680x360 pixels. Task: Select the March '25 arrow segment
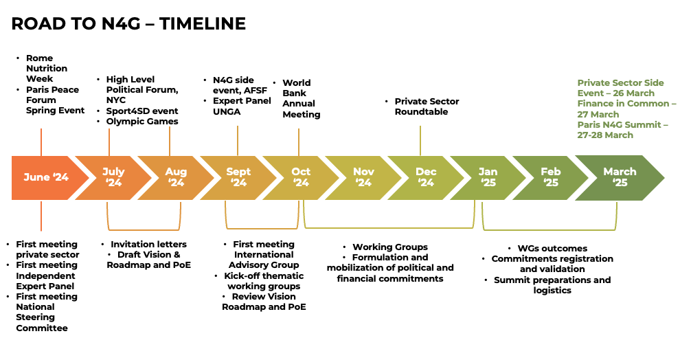(x=619, y=177)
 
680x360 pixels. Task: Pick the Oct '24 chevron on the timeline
(x=301, y=177)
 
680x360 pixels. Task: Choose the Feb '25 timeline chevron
(x=550, y=177)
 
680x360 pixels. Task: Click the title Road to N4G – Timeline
(x=128, y=23)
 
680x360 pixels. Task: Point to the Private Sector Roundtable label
(x=426, y=106)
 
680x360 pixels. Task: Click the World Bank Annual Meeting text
(x=301, y=98)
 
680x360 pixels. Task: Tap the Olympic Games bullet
(x=142, y=122)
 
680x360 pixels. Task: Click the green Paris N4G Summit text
(x=622, y=130)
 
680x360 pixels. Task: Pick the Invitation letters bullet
(x=148, y=244)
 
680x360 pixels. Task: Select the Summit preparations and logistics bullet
(x=552, y=285)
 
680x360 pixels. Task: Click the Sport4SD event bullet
(x=142, y=111)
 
